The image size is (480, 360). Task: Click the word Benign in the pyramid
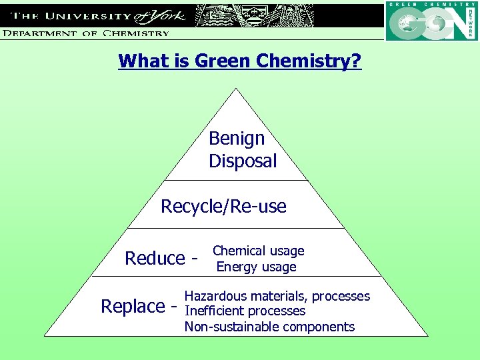click(237, 139)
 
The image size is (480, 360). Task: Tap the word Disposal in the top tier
click(243, 161)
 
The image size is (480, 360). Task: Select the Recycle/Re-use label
click(223, 207)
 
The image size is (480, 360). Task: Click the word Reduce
click(155, 258)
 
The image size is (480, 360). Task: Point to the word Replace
click(132, 307)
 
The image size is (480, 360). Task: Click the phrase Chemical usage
click(258, 251)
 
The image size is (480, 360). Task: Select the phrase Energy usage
click(257, 267)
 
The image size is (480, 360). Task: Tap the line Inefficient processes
click(245, 311)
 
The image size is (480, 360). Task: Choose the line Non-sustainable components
click(269, 327)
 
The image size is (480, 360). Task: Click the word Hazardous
click(213, 296)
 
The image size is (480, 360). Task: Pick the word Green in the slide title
click(219, 61)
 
